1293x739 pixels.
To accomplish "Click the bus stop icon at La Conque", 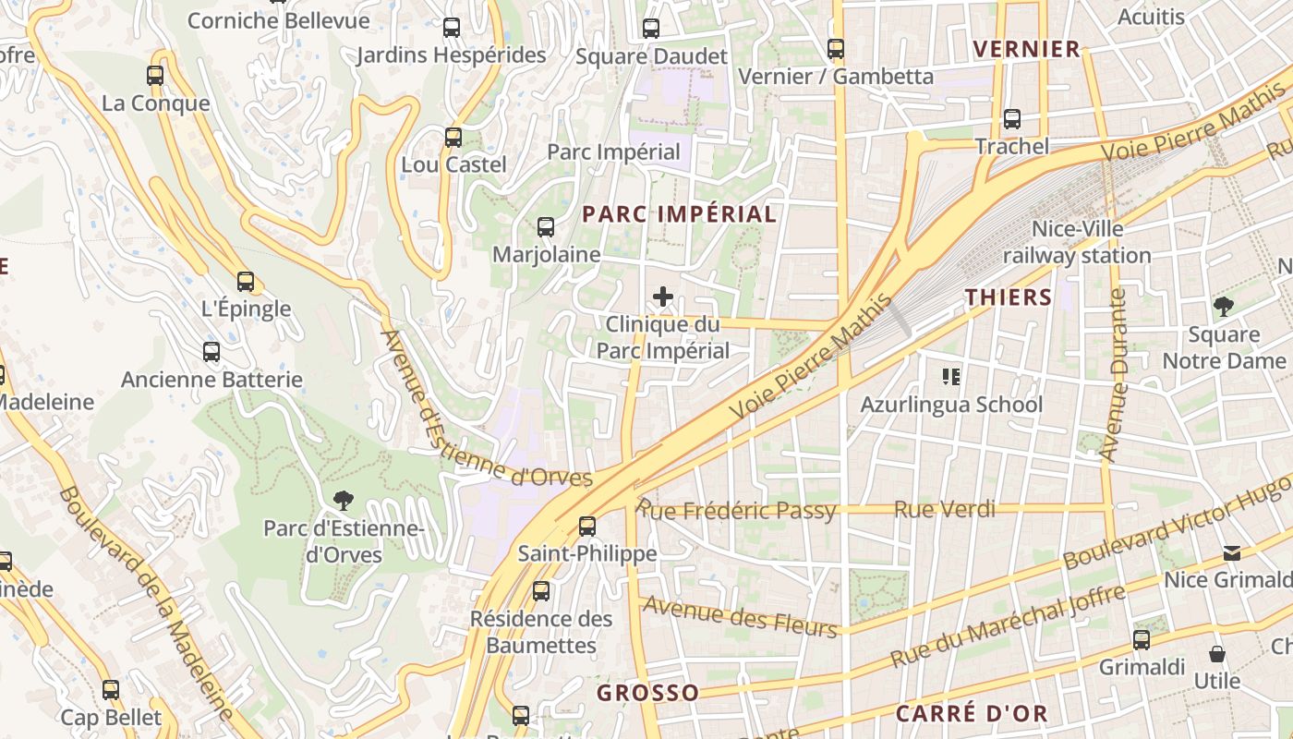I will click(155, 76).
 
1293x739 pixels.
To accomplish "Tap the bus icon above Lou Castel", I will click(453, 138).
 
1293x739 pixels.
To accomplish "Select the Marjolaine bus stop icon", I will click(546, 226).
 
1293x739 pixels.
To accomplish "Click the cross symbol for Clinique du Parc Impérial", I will click(663, 297).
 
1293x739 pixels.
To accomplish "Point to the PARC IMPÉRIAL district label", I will click(679, 214).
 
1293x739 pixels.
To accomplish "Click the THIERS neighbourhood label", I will click(1009, 297).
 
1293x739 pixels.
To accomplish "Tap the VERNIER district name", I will click(1026, 50).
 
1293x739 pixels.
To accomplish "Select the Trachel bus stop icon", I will click(1012, 119).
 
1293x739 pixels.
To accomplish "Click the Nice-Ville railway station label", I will click(1077, 242).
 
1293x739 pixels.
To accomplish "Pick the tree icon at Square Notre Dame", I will click(1224, 306).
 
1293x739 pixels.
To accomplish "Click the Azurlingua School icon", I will click(951, 376).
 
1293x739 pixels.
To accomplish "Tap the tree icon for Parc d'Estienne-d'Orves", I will click(344, 501).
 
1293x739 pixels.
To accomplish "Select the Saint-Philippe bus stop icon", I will click(587, 527).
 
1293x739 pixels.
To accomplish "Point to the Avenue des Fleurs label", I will click(739, 617).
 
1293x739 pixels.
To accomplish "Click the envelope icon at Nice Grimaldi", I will click(1232, 552).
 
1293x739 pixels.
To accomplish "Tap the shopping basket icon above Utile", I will click(1217, 654).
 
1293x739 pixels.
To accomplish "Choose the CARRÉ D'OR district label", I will click(972, 713).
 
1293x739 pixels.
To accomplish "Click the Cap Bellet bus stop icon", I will click(111, 689).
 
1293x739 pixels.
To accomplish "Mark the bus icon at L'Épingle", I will click(246, 281).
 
